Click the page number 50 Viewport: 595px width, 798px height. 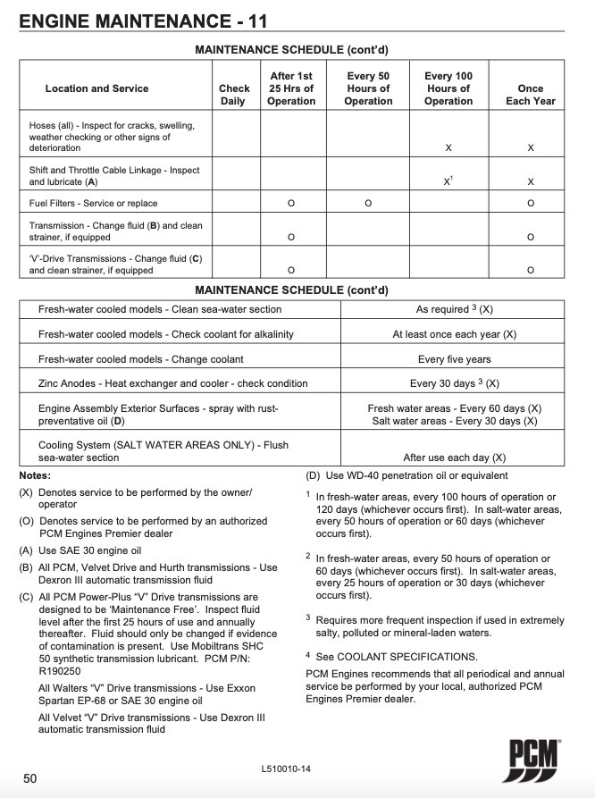point(30,778)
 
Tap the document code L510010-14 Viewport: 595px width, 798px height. point(288,769)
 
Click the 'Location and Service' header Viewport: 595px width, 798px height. point(96,88)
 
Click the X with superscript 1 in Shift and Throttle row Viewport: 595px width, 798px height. point(448,181)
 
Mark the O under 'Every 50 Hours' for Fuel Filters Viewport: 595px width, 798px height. point(368,204)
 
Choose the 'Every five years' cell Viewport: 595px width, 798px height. point(454,359)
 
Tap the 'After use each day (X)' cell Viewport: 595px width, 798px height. point(454,458)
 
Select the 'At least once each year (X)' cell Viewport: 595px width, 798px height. point(454,334)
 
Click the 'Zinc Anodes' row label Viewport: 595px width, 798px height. point(172,383)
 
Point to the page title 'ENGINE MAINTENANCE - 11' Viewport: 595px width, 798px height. point(142,21)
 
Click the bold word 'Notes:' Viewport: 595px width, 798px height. point(35,475)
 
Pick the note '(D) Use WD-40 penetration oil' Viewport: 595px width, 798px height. point(407,475)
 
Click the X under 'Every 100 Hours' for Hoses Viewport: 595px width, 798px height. point(448,148)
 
